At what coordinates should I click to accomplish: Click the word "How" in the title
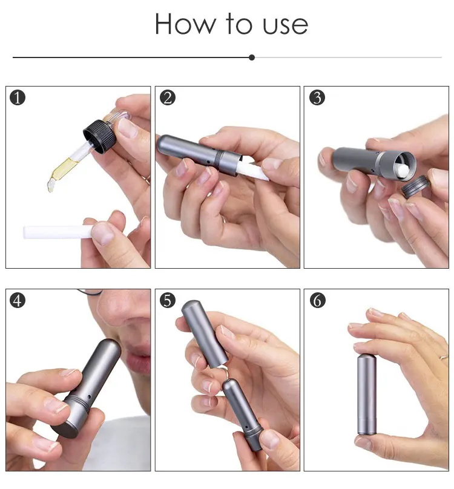click(185, 24)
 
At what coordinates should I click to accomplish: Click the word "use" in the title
click(285, 25)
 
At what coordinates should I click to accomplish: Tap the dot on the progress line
click(252, 57)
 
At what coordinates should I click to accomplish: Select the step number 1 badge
click(18, 97)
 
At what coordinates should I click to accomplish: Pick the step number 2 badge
click(168, 97)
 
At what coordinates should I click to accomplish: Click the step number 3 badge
click(317, 97)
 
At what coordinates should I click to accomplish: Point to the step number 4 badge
click(18, 300)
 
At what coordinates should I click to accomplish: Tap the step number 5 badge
click(168, 300)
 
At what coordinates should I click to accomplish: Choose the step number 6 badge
click(318, 300)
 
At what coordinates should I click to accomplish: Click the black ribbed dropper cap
click(99, 137)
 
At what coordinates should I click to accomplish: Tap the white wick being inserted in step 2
click(251, 169)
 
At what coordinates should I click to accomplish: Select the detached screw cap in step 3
click(415, 186)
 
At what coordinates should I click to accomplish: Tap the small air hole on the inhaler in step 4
click(89, 396)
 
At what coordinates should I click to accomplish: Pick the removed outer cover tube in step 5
click(205, 333)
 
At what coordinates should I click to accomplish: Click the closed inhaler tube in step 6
click(367, 394)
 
